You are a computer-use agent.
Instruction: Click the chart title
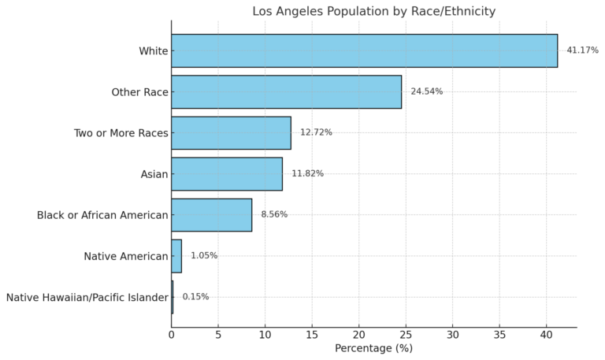(x=373, y=11)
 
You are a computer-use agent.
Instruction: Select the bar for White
(x=364, y=50)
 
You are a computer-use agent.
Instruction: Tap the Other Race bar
(x=286, y=91)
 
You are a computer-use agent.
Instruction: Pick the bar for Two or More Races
(x=231, y=132)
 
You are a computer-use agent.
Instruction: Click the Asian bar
(x=227, y=173)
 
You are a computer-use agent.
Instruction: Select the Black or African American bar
(x=211, y=214)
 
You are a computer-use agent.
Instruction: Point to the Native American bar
(x=176, y=256)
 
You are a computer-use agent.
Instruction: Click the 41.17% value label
(x=582, y=50)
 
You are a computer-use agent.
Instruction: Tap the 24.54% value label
(x=426, y=91)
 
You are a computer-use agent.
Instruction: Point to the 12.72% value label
(x=316, y=132)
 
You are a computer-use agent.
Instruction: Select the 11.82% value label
(x=307, y=173)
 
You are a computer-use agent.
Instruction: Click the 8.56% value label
(x=274, y=214)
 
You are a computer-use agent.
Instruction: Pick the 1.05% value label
(x=204, y=256)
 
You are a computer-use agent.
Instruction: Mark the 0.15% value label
(x=195, y=297)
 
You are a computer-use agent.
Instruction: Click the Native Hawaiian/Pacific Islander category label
(x=87, y=298)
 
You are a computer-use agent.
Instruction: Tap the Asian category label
(x=154, y=174)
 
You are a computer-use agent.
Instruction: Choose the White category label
(x=153, y=51)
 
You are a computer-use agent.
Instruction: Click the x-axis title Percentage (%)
(x=373, y=348)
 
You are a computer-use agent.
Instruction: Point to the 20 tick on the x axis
(x=358, y=334)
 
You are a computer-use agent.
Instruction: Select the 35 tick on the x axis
(x=499, y=334)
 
